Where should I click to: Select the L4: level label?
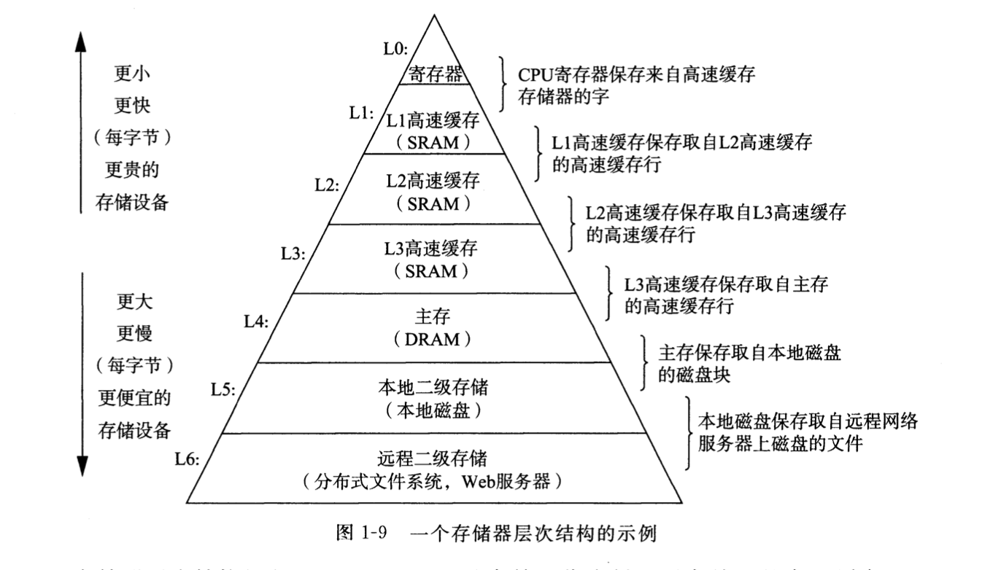258,321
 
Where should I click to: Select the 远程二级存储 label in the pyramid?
433,459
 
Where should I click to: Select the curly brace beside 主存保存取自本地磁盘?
644,362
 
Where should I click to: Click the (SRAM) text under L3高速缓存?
433,272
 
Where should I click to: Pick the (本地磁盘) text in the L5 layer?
433,410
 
